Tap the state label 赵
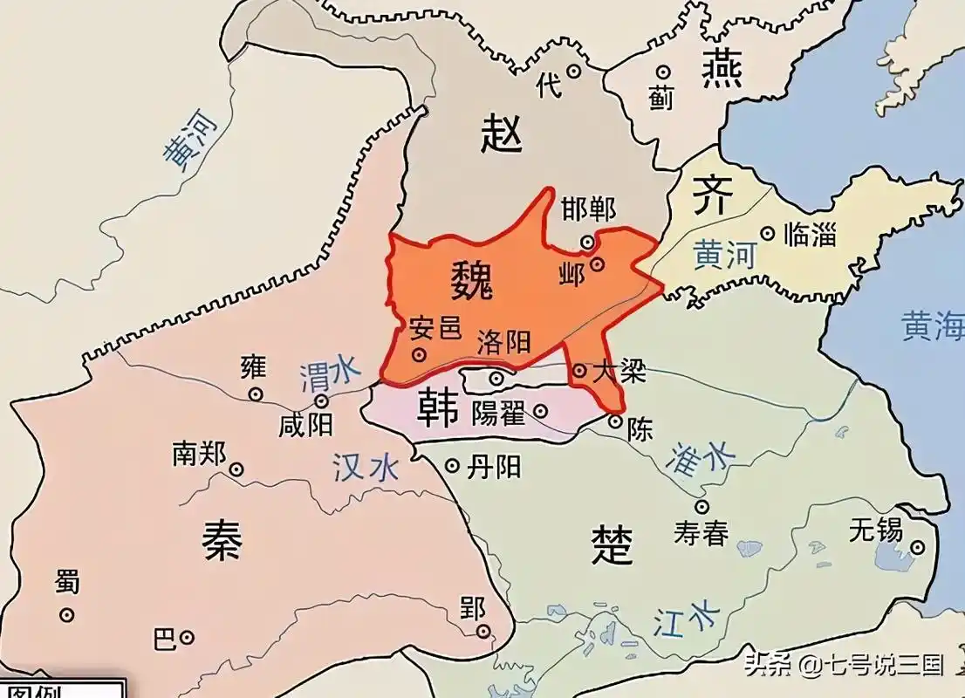click(x=502, y=135)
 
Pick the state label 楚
click(x=612, y=545)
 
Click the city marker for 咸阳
click(x=322, y=401)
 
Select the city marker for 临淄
click(x=767, y=233)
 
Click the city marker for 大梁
click(x=579, y=371)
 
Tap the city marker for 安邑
click(x=420, y=354)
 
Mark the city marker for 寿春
click(x=702, y=506)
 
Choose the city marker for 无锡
click(x=917, y=547)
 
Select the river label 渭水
click(x=329, y=374)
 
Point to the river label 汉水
click(x=366, y=468)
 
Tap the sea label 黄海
click(x=933, y=326)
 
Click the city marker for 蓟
click(x=663, y=73)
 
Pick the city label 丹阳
click(x=495, y=467)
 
